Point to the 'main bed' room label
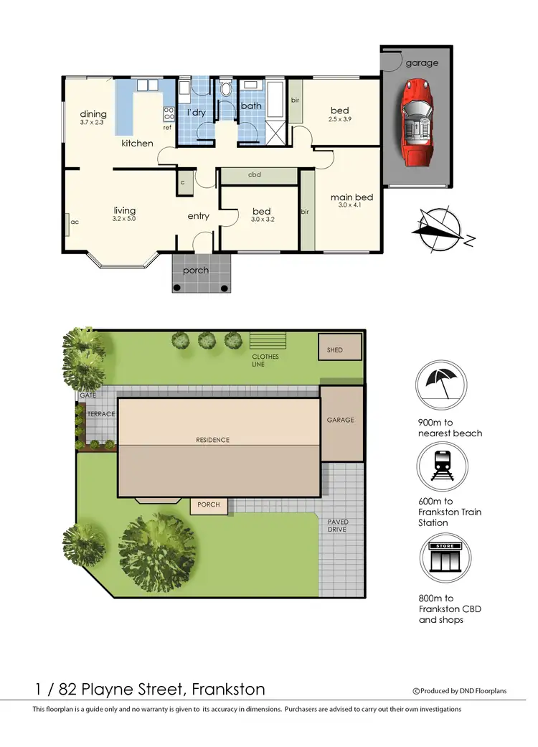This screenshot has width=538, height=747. [351, 197]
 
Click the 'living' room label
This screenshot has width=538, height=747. [124, 210]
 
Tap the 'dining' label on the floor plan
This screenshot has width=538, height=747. [93, 114]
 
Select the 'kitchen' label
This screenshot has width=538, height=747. [137, 144]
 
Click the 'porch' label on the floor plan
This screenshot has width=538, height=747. [196, 271]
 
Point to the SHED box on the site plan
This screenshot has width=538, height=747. [334, 350]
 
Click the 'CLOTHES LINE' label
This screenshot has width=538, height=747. [265, 360]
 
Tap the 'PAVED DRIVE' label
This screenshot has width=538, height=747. [338, 526]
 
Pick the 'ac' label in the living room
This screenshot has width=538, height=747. [75, 222]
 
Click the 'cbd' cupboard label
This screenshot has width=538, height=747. [254, 175]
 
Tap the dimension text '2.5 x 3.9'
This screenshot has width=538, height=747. [341, 119]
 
